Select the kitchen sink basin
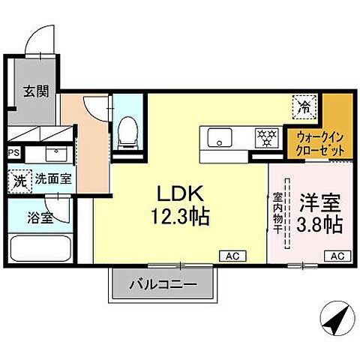click(220, 138)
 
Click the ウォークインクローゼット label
click(321, 142)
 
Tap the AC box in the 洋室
click(337, 256)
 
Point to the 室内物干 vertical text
click(276, 214)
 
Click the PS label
click(13, 152)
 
